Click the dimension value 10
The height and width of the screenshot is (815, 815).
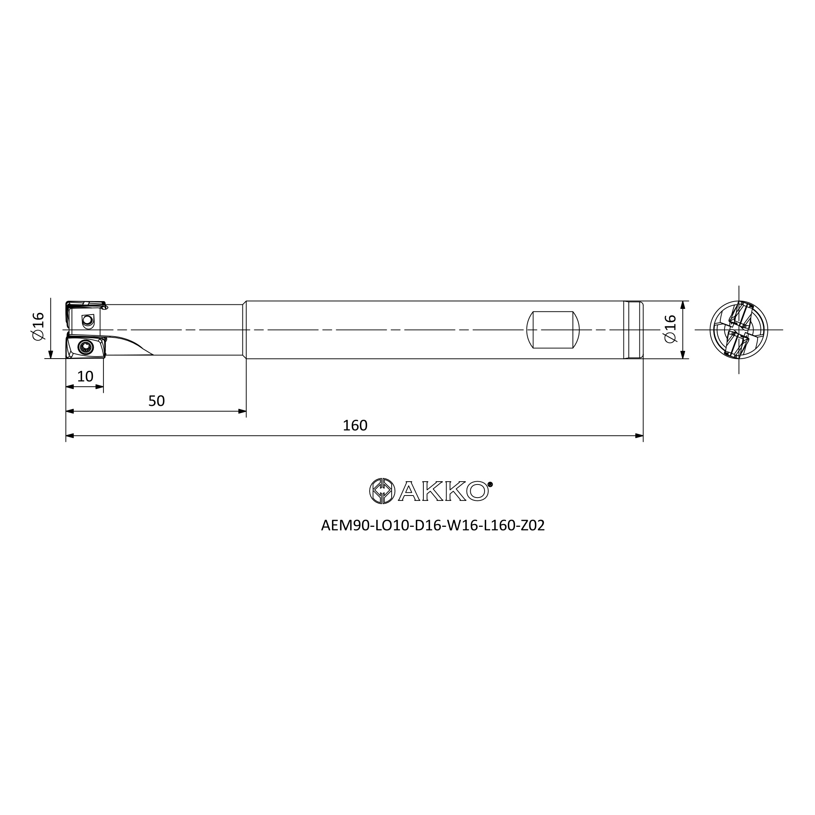pos(85,376)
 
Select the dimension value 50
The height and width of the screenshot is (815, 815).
pos(156,401)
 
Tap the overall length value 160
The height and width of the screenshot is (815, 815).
pos(355,425)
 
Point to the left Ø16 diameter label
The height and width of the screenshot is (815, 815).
pos(38,326)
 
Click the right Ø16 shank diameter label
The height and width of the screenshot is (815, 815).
pos(670,329)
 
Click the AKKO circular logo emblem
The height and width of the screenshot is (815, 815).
pos(382,491)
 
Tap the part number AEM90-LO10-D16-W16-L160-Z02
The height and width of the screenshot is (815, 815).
pos(433,525)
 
